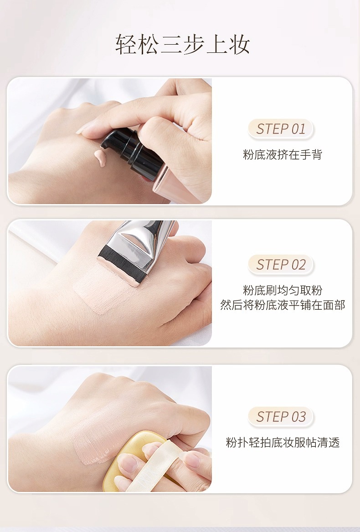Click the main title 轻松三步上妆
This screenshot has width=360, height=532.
point(183,44)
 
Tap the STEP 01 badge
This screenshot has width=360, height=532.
point(281,129)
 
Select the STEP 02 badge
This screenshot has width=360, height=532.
point(281,265)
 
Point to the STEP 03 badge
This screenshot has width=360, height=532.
point(281,417)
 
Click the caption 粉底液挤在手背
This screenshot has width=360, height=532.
point(282,154)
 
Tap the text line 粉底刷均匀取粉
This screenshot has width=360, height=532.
point(282,290)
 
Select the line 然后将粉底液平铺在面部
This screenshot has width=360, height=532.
point(282,305)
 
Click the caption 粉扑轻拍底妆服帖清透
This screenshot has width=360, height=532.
point(282,442)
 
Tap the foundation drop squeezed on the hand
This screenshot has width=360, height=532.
point(100,158)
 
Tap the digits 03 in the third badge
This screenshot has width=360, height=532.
point(298,417)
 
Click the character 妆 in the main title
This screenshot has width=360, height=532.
point(240,44)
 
